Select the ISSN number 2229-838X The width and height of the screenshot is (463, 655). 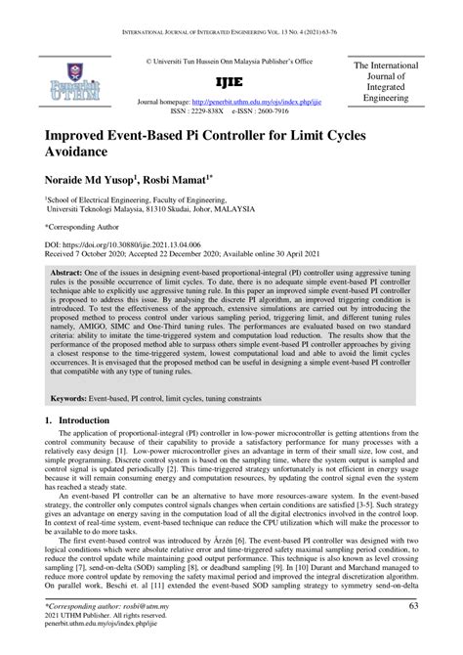point(209,111)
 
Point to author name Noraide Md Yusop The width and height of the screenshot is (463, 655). point(87,182)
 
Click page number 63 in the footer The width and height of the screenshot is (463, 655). point(414,608)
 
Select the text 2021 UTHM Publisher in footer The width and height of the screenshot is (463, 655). point(90,618)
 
